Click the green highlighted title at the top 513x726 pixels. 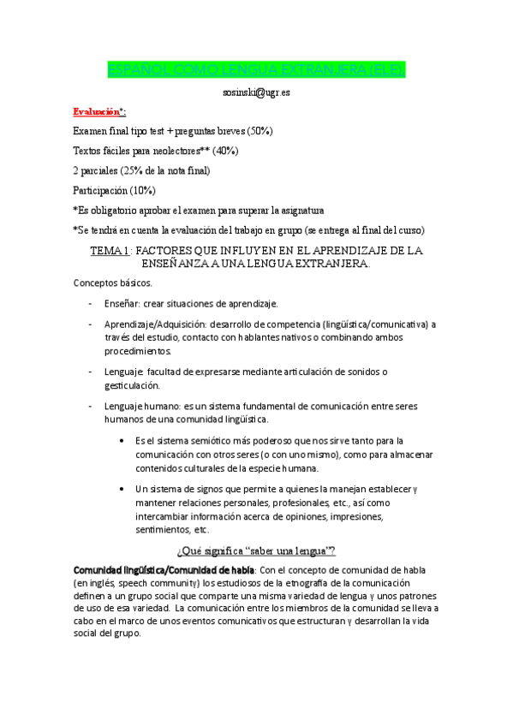256,69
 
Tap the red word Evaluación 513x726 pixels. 96,111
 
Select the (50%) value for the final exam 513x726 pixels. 259,131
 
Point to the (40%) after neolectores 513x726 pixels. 224,151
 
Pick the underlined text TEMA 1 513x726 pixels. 109,250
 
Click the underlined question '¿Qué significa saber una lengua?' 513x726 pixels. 255,550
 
